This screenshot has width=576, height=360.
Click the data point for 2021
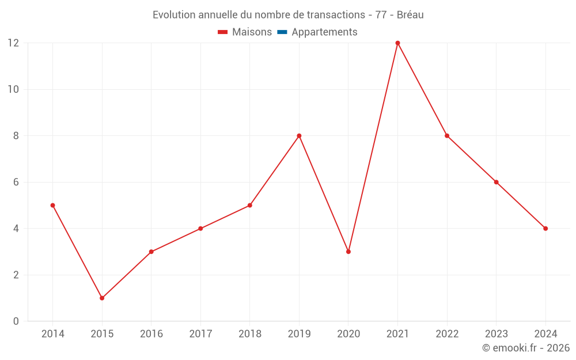[397, 43]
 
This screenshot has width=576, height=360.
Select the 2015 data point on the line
[102, 298]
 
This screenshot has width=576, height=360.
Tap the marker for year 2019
[299, 136]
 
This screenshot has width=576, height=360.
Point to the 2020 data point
[348, 252]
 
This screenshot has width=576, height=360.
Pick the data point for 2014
[52, 205]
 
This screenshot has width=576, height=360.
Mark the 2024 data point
[545, 229]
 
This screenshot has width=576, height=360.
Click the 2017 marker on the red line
[200, 229]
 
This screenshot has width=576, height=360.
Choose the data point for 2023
[496, 182]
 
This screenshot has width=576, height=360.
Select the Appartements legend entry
[324, 32]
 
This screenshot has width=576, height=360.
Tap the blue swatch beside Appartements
[282, 32]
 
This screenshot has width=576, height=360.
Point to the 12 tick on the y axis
[13, 43]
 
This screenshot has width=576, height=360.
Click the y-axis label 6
[16, 182]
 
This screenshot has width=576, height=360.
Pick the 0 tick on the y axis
[16, 321]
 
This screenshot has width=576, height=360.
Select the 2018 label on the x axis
[250, 334]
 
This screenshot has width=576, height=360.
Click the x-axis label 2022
[447, 334]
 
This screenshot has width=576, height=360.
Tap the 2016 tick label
[151, 334]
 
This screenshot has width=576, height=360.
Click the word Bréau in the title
[410, 15]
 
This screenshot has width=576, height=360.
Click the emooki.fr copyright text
[526, 348]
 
